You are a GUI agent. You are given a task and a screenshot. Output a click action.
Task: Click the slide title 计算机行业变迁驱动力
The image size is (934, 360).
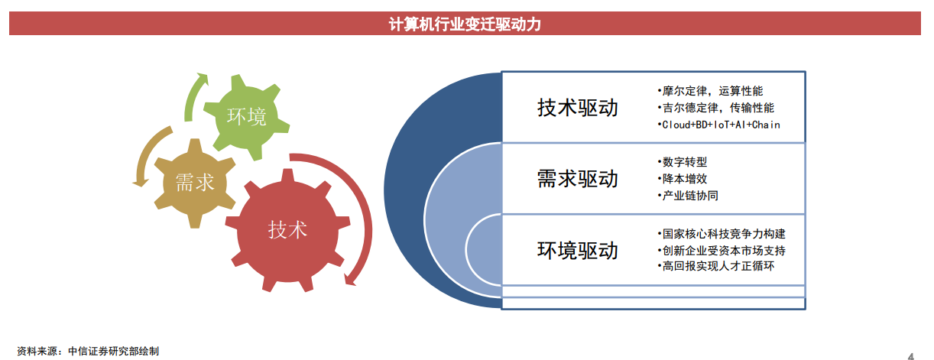coord(465,24)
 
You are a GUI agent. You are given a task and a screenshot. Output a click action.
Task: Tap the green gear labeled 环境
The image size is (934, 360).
coord(246,117)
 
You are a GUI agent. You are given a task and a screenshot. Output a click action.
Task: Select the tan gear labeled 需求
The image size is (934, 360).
coord(195,183)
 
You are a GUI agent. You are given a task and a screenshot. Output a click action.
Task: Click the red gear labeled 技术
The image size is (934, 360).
coord(287,230)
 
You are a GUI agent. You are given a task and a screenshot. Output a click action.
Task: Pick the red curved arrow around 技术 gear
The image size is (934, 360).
coord(366,209)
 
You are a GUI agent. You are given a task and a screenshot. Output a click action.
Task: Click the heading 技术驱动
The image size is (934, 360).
coord(578,108)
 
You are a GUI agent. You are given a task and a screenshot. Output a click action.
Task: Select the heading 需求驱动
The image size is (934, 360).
coord(578,179)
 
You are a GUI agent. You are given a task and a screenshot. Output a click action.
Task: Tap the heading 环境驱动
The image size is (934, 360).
coord(578,250)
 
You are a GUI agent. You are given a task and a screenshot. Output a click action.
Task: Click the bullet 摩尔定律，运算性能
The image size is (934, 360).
coord(710,91)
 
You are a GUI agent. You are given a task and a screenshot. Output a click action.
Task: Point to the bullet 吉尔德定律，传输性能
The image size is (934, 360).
coord(715,108)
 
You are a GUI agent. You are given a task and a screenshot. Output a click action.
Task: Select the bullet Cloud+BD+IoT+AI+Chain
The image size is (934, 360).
coord(718,125)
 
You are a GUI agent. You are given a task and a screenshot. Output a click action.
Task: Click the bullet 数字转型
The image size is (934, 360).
coord(682,162)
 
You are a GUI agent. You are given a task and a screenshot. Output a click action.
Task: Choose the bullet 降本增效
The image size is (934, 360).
coord(682,179)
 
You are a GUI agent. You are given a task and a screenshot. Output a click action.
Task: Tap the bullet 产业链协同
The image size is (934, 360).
coord(688,195)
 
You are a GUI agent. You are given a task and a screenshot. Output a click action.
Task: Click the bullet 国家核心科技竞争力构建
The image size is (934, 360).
coord(722,234)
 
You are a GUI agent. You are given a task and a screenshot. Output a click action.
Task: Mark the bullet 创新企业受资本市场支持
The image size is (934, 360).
coord(722,250)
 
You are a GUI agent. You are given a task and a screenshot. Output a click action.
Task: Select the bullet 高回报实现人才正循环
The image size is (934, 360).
coord(716,266)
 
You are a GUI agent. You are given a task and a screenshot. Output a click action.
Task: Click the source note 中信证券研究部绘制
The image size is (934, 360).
coord(113,352)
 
